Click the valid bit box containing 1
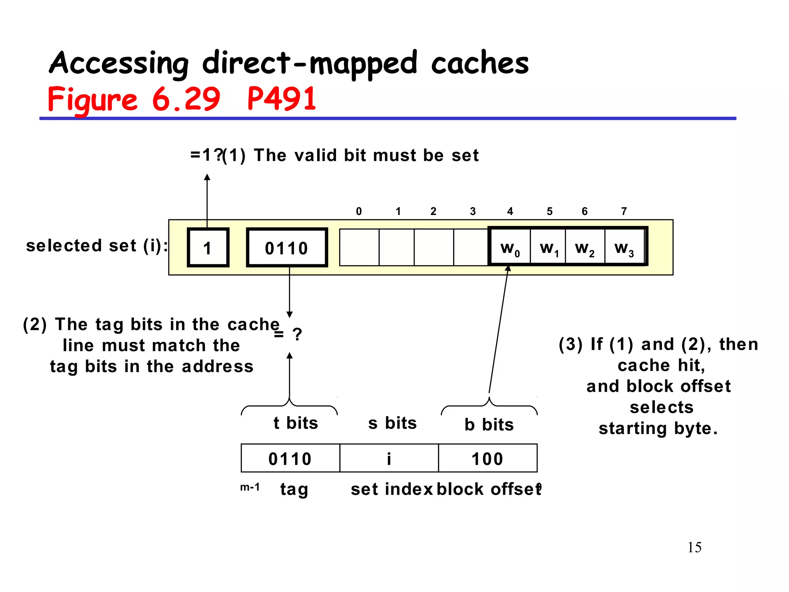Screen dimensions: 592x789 208,247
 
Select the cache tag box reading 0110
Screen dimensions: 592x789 287,247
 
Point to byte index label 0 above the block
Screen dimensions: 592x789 359,211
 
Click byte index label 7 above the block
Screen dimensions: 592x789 624,211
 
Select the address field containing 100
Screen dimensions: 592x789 488,458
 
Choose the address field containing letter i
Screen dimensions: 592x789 389,458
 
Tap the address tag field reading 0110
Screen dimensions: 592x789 290,458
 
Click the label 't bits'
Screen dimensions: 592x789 296,423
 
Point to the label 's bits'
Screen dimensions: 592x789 393,423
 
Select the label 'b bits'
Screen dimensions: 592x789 489,425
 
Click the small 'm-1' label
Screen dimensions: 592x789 250,487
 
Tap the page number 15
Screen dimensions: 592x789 694,547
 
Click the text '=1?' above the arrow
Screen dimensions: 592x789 206,155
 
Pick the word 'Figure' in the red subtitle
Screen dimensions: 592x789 92,99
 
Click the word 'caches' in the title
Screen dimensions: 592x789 480,63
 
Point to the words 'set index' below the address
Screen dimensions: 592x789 392,489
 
